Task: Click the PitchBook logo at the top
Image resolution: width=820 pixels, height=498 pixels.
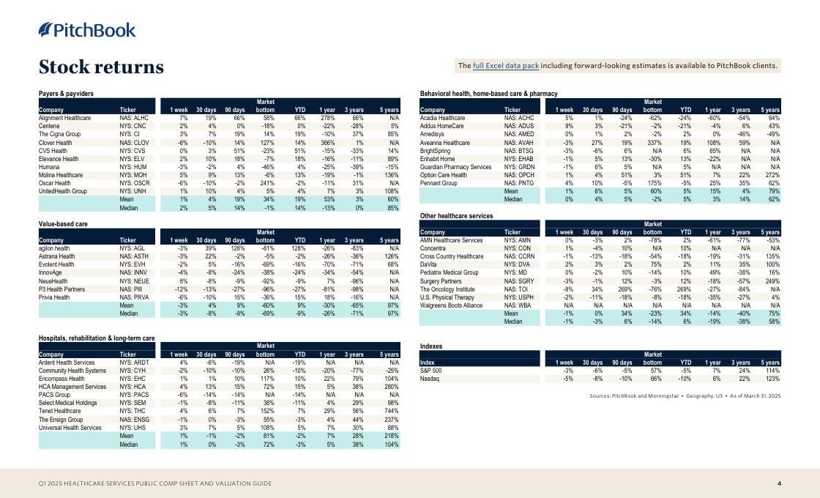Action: click(x=87, y=30)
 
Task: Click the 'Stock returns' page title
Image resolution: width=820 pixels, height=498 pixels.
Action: click(x=101, y=67)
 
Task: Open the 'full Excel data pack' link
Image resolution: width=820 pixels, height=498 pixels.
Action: click(x=506, y=66)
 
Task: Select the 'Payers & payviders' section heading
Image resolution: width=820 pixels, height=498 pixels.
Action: click(x=66, y=94)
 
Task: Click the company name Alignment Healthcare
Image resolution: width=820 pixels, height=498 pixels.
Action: click(x=64, y=117)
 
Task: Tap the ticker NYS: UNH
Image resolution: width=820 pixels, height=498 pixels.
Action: click(x=134, y=191)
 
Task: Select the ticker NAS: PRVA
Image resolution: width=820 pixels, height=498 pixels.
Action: click(x=135, y=298)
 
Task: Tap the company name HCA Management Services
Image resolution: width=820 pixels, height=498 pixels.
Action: click(x=72, y=387)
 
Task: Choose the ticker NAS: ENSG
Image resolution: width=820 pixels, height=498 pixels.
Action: click(x=135, y=420)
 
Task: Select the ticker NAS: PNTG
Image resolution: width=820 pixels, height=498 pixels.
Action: click(x=521, y=183)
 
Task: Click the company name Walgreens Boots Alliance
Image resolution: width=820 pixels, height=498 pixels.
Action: click(x=451, y=305)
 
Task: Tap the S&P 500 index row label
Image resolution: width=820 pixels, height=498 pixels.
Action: click(x=430, y=371)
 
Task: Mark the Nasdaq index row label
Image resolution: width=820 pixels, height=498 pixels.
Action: click(x=429, y=379)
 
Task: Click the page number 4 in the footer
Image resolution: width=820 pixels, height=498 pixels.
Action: click(x=779, y=484)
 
